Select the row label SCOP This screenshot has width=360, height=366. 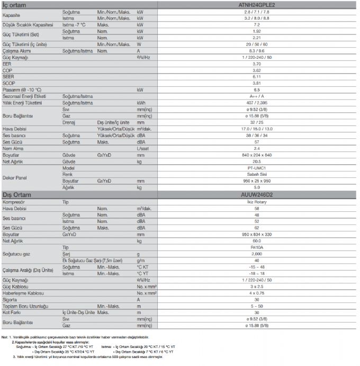click(x=8, y=83)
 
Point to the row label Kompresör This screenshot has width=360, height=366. click(x=15, y=202)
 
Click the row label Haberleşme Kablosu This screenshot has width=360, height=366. click(x=23, y=293)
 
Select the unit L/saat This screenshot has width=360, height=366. click(x=143, y=149)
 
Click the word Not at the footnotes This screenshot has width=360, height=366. click(x=5, y=337)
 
